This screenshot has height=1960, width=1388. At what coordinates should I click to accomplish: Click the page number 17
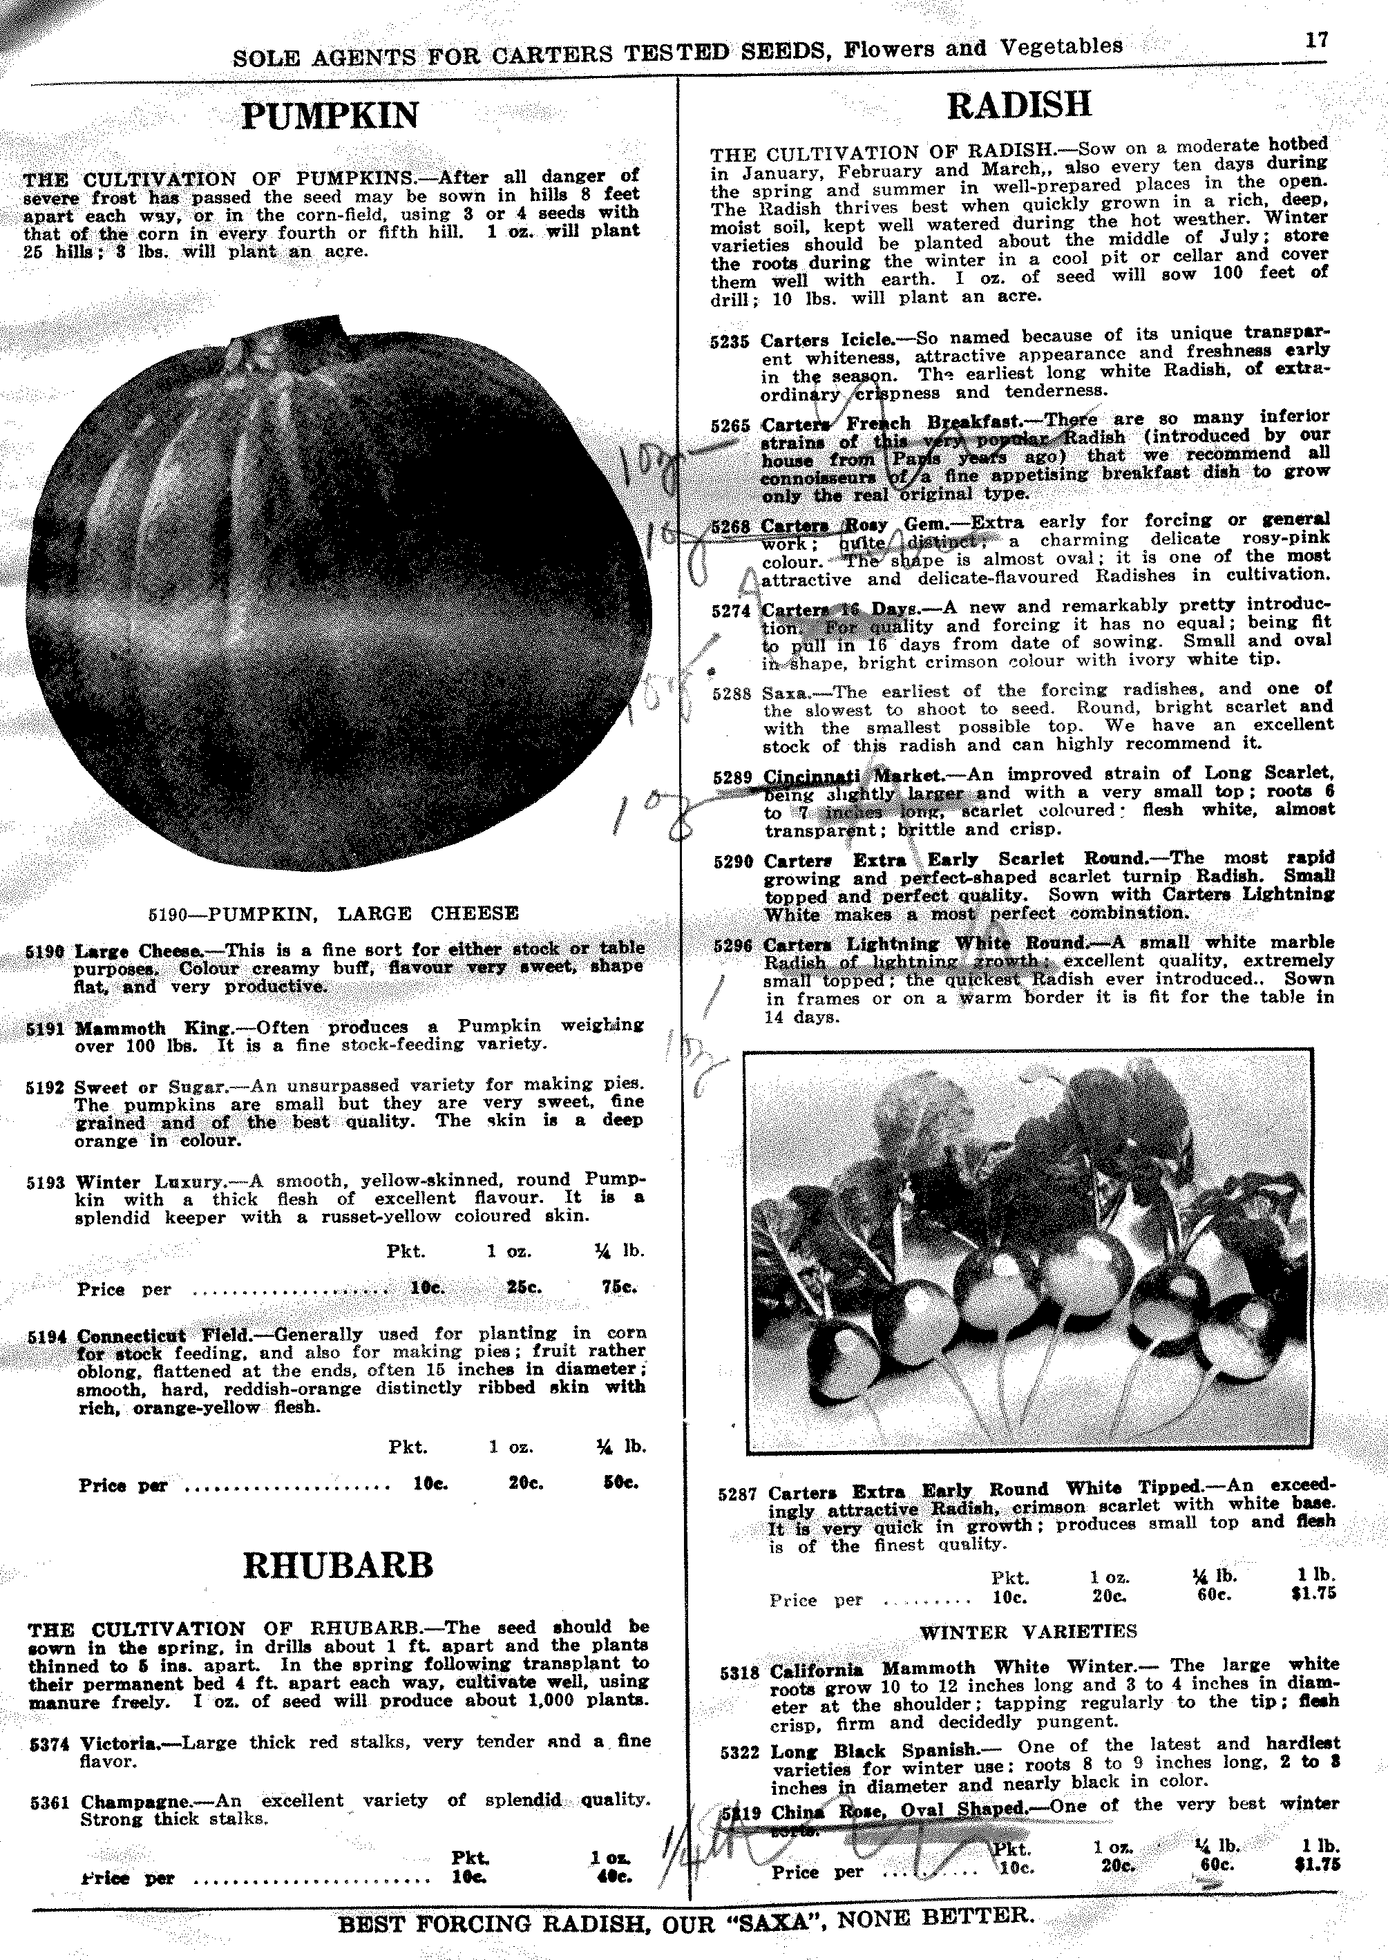pyautogui.click(x=1316, y=40)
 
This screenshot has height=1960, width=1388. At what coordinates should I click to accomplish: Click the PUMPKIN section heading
pyautogui.click(x=330, y=116)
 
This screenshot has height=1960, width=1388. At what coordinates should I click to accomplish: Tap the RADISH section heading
pyautogui.click(x=1019, y=105)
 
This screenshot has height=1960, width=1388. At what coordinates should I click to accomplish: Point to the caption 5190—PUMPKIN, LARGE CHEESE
pyautogui.click(x=333, y=913)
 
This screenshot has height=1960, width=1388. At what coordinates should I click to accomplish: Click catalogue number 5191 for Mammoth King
pyautogui.click(x=46, y=1029)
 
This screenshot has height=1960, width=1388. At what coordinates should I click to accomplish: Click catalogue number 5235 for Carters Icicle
pyautogui.click(x=729, y=341)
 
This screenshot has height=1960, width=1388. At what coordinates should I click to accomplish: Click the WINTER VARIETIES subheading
pyautogui.click(x=1028, y=1632)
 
